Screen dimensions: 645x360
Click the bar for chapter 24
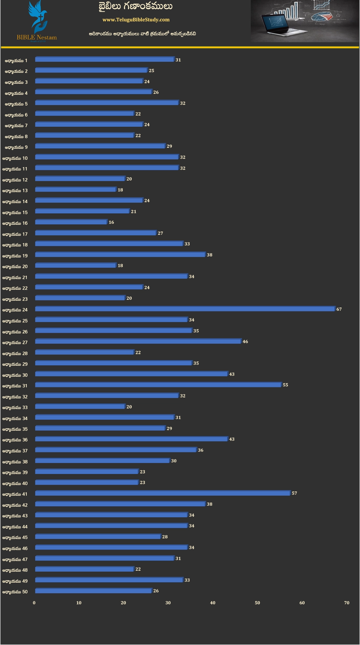point(185,309)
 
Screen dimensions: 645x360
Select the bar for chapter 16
point(71,222)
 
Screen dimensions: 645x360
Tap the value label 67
point(339,309)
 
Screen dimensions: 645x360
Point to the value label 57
point(294,493)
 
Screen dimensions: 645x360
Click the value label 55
point(285,385)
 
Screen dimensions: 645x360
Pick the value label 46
point(245,342)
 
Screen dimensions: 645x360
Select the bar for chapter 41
point(163,493)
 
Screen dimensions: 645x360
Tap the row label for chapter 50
point(15,592)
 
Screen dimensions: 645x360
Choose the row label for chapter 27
point(15,343)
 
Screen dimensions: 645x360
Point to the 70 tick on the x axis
point(347,603)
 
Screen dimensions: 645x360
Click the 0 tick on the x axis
point(34,603)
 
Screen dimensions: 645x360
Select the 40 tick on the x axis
point(213,603)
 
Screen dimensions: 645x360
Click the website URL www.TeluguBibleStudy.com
point(136,20)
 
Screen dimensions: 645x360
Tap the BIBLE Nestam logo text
point(37,38)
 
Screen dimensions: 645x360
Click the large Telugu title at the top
point(135,7)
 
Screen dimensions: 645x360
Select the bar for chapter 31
point(158,385)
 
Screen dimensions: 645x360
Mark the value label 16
point(111,222)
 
